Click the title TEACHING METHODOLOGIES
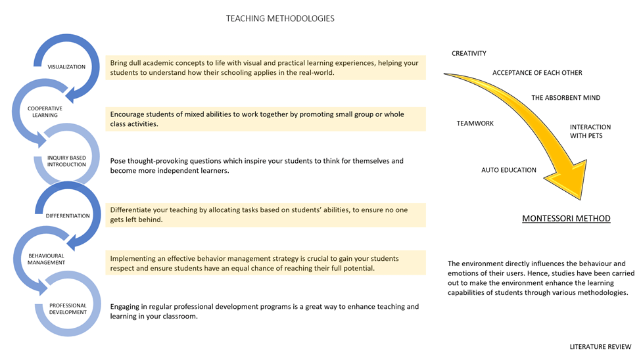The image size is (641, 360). click(280, 18)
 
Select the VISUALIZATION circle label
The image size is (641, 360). click(66, 67)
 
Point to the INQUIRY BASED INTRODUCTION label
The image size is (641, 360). click(66, 161)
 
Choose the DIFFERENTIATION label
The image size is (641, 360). click(68, 215)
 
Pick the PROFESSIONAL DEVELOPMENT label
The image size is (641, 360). click(68, 309)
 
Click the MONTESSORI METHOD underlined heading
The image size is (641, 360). click(566, 218)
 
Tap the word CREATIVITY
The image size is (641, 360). click(469, 54)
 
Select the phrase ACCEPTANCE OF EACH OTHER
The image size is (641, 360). click(537, 73)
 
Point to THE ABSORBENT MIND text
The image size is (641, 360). click(565, 98)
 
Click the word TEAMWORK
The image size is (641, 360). click(475, 123)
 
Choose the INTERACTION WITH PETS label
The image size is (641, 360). click(590, 131)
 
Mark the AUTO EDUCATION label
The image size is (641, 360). click(508, 170)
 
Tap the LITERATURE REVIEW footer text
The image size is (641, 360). click(600, 346)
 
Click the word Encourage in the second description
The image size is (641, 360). click(128, 114)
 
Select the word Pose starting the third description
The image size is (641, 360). click(118, 161)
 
